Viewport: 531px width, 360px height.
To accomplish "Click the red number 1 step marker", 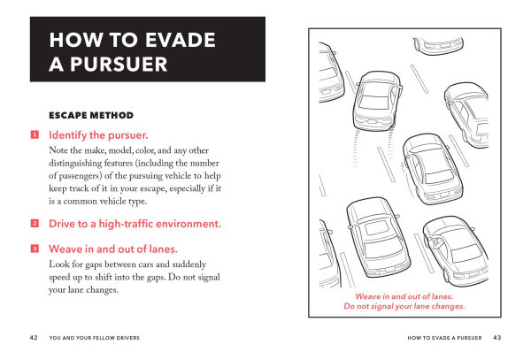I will (35, 135).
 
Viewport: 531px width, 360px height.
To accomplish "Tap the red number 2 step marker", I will (35, 223).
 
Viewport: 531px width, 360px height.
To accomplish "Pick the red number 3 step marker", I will (35, 249).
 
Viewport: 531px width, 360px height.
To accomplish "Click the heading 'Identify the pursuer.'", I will (98, 135).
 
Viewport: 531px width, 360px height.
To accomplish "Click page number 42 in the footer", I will (33, 337).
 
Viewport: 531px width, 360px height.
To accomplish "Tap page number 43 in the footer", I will (497, 337).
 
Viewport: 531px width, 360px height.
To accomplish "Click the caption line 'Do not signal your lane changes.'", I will (404, 306).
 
